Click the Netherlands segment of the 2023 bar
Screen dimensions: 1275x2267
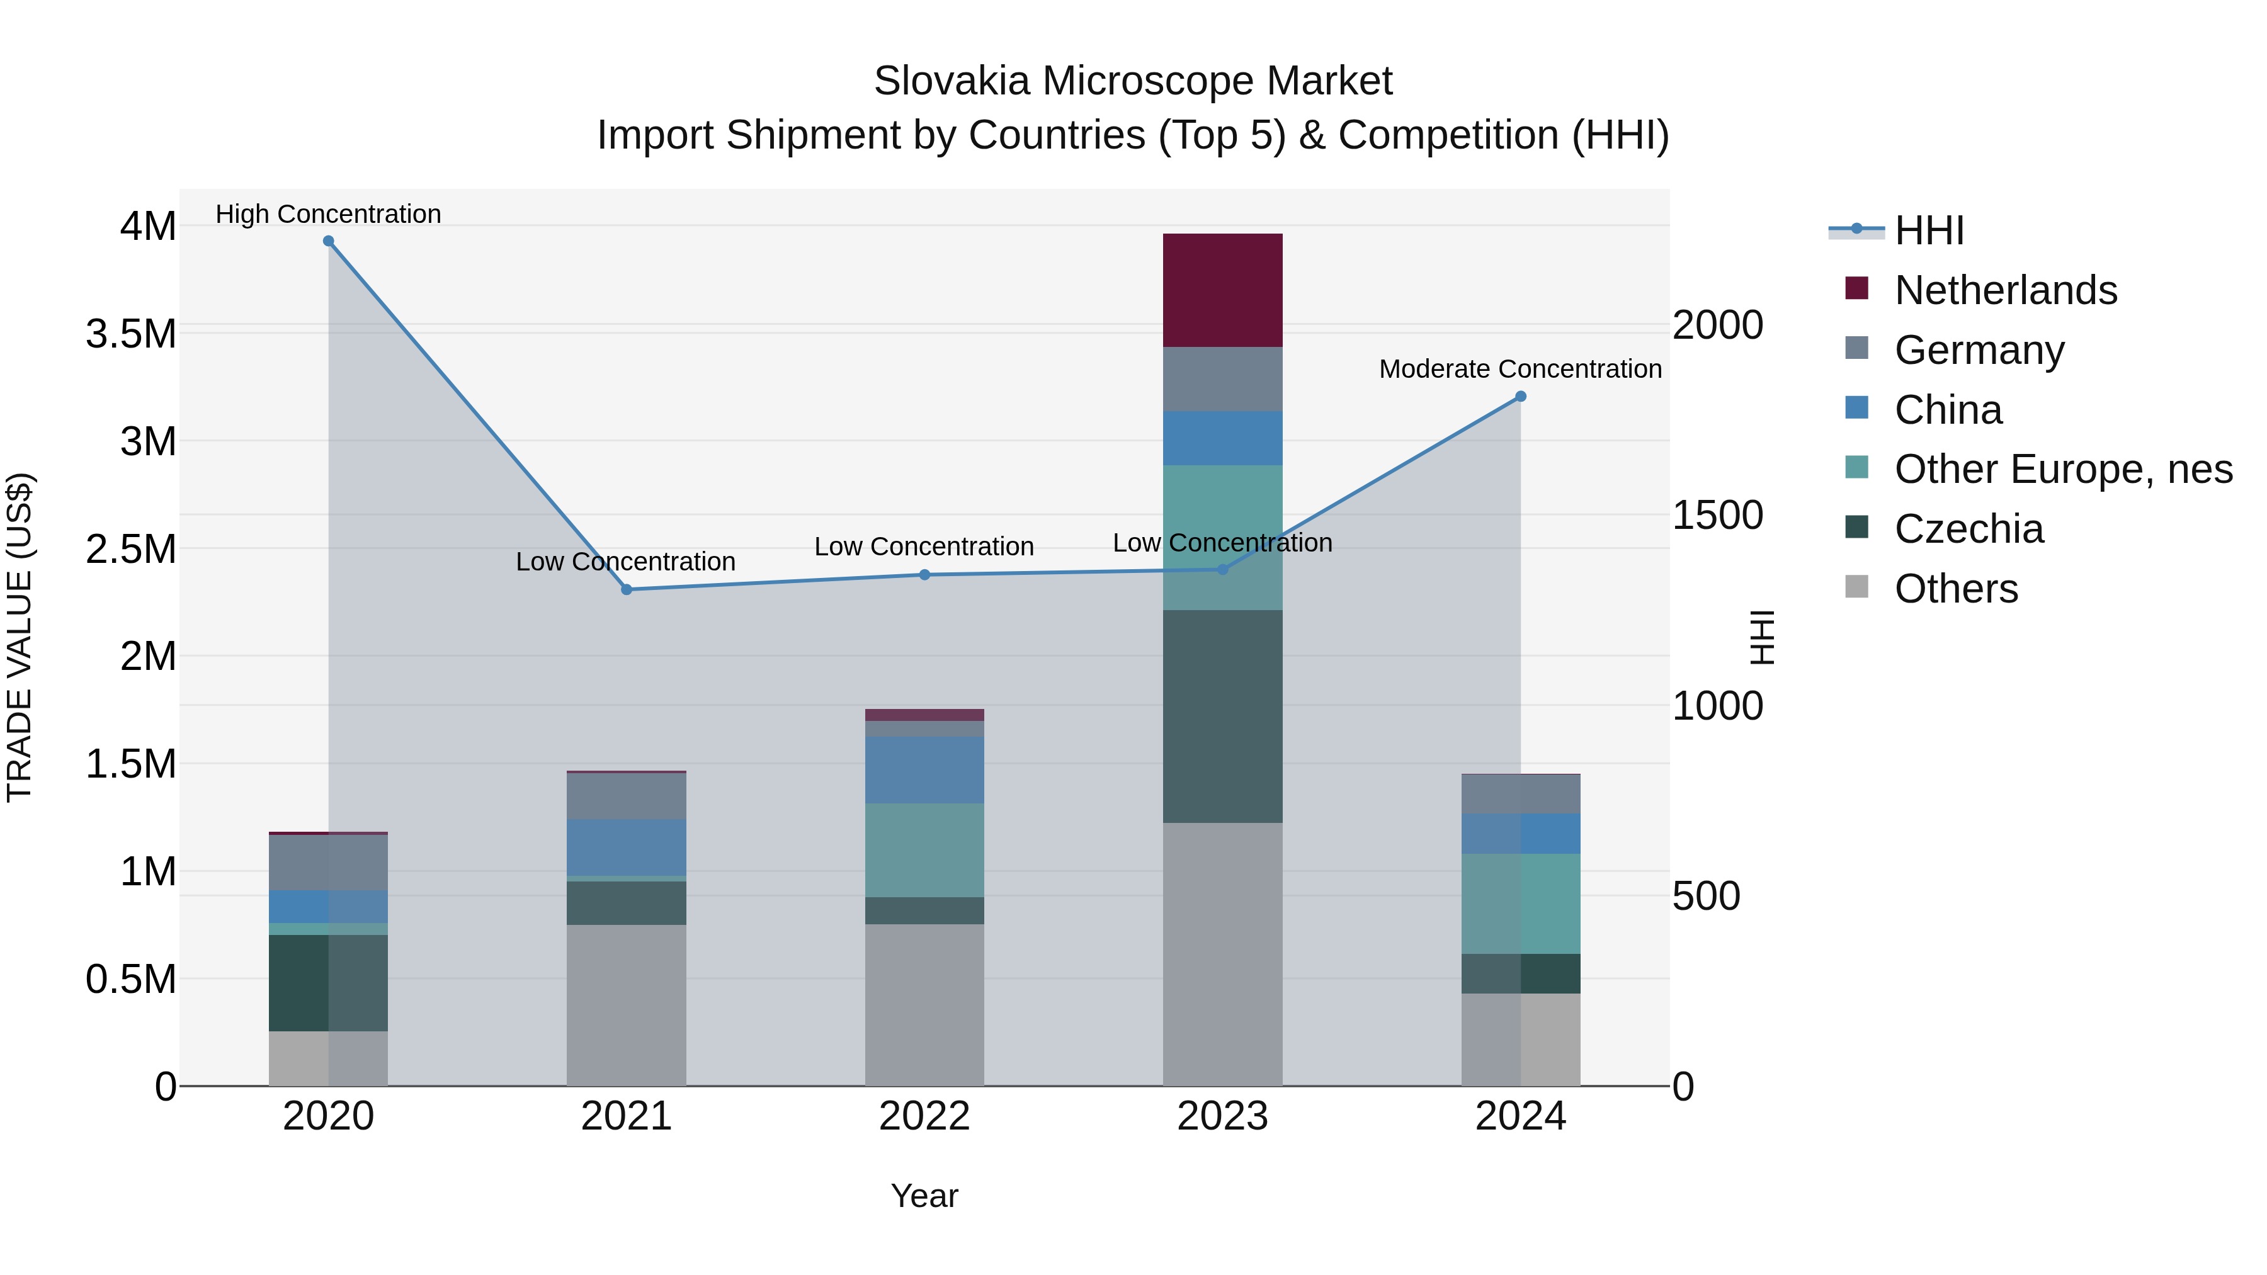(1222, 290)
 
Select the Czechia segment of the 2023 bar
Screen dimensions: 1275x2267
(1222, 717)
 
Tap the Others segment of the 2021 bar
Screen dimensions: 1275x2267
(626, 1005)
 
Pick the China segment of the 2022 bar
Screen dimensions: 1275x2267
(924, 770)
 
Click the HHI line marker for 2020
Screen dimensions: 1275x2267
(328, 241)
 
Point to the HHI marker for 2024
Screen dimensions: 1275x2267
(1520, 397)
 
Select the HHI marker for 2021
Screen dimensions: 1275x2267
(627, 589)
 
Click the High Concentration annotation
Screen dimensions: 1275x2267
(328, 215)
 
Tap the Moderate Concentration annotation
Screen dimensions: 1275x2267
(1520, 370)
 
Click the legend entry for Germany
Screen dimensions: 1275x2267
(1979, 350)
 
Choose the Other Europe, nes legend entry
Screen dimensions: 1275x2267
(2063, 469)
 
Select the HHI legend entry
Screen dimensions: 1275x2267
(1928, 230)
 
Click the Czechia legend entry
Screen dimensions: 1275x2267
(1969, 529)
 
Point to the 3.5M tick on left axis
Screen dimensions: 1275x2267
(131, 334)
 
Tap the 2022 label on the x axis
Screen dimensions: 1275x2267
(924, 1116)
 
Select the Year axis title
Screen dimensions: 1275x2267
(924, 1196)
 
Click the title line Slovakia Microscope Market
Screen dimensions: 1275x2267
(1133, 81)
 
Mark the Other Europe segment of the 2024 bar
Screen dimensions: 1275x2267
(1520, 904)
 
